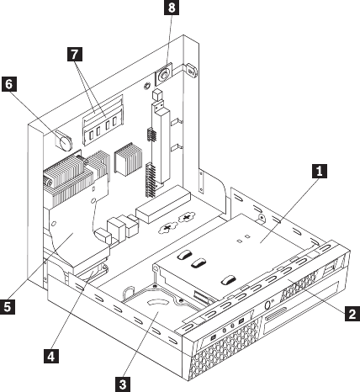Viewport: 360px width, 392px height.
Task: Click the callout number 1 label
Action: (320, 171)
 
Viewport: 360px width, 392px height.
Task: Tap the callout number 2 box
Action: (352, 314)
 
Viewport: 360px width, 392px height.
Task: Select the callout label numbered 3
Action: (123, 384)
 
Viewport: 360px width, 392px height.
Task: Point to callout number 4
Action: (51, 356)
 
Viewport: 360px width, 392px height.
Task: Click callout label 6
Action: (9, 84)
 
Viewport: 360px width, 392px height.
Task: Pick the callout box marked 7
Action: (75, 54)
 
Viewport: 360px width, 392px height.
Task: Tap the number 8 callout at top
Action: (172, 8)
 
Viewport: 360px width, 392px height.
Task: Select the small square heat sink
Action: (128, 159)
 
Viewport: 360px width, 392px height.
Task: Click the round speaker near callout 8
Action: (163, 75)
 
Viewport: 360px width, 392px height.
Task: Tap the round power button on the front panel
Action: (268, 305)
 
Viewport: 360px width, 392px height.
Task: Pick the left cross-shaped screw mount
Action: (167, 228)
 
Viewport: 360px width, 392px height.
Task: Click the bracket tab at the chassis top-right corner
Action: (191, 70)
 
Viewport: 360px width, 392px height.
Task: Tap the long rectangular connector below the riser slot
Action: (163, 204)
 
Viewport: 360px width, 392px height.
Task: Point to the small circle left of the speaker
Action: (146, 86)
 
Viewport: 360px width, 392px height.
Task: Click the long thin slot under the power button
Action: (276, 314)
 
